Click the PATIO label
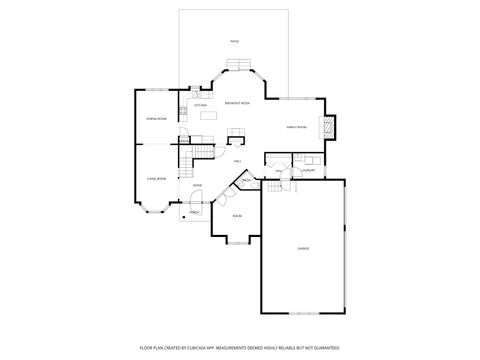pos(235,41)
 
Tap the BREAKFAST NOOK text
pos(237,104)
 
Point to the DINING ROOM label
pos(156,119)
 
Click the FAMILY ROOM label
pos(295,127)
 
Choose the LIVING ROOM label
pos(156,178)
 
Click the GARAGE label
pos(303,247)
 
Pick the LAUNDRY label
pos(308,170)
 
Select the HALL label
pos(237,160)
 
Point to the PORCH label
pos(194,212)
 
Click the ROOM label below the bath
pos(237,216)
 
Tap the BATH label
pos(245,180)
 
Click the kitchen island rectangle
pos(208,115)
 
